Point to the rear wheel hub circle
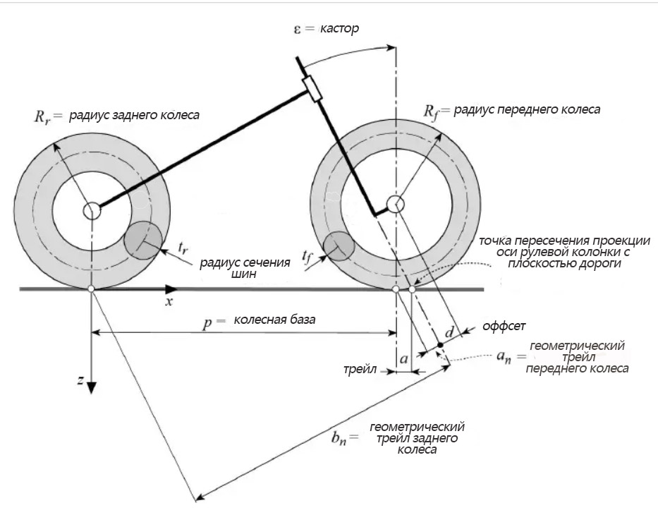tap(91, 210)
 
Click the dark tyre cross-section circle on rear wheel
tap(142, 240)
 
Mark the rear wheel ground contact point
tap(91, 289)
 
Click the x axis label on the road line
tap(170, 301)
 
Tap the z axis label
tap(81, 380)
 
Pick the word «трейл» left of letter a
tap(360, 370)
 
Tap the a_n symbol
tap(504, 358)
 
